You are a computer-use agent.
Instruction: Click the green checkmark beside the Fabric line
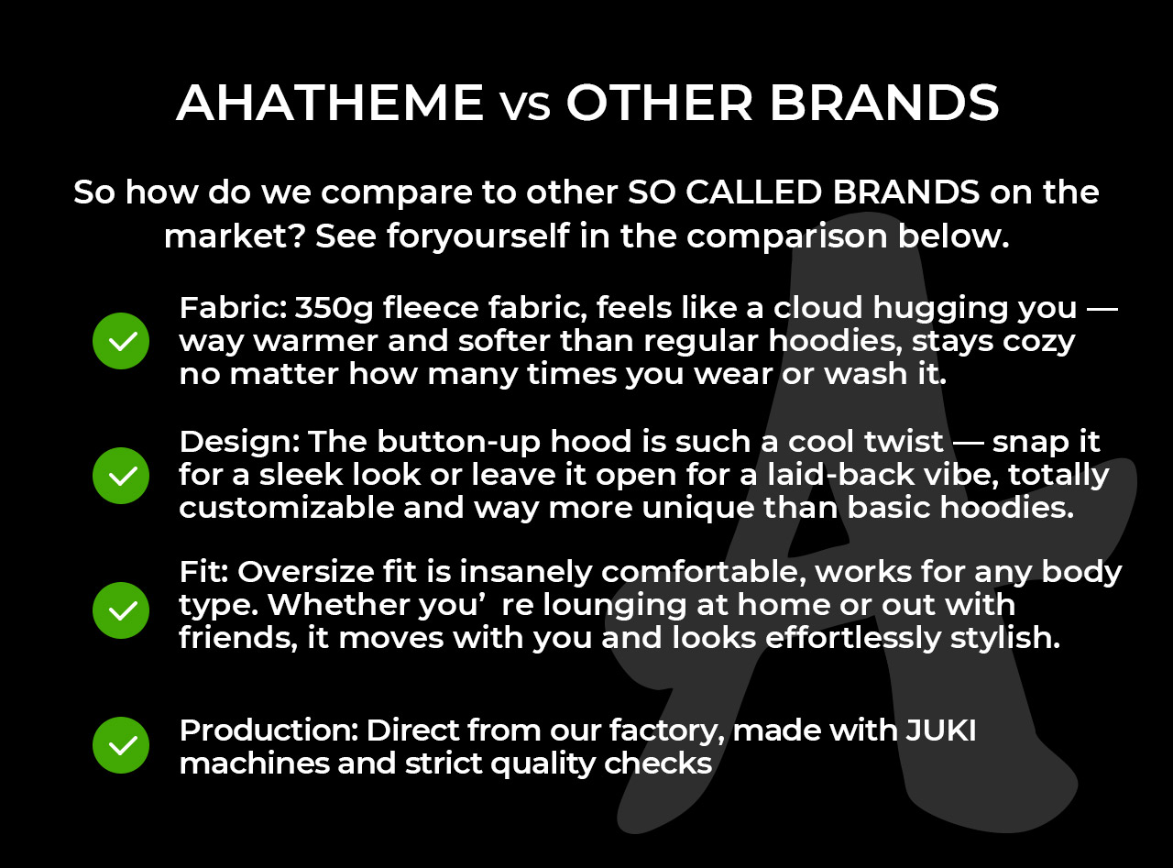click(121, 341)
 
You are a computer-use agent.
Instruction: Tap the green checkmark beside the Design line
click(121, 476)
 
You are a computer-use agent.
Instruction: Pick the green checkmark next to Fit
click(121, 610)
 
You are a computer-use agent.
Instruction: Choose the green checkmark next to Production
click(121, 745)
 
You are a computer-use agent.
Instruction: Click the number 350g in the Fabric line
click(334, 309)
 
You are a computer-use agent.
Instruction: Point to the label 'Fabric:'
click(233, 308)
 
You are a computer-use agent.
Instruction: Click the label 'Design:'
click(239, 443)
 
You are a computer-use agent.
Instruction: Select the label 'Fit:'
click(203, 572)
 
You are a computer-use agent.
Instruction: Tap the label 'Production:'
click(269, 731)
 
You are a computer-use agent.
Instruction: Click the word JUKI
click(941, 731)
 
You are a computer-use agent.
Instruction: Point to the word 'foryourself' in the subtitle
click(477, 236)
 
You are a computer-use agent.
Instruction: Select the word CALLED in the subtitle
click(753, 192)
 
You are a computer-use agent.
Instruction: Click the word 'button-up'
click(458, 443)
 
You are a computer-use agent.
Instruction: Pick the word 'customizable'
click(287, 508)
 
